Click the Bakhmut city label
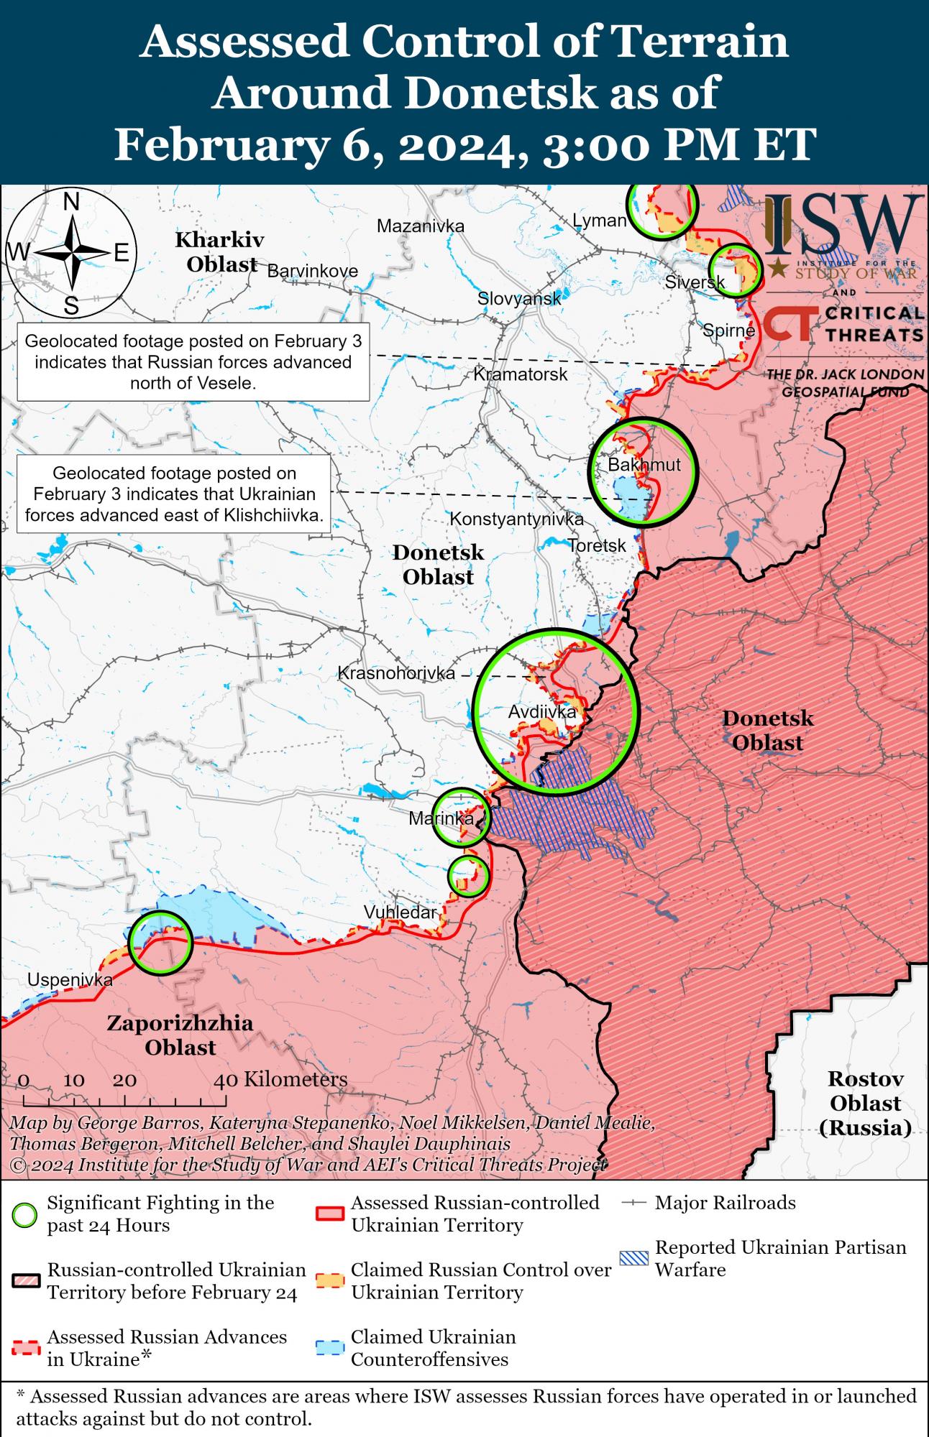644,465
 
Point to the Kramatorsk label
521,374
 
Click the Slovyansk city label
519,298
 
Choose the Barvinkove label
313,271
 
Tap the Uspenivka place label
70,980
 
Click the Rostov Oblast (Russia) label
865,1103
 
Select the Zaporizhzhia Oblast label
180,1035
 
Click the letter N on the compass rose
71,203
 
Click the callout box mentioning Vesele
193,361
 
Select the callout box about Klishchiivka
173,494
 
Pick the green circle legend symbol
26,1214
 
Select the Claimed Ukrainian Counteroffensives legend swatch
330,1349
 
